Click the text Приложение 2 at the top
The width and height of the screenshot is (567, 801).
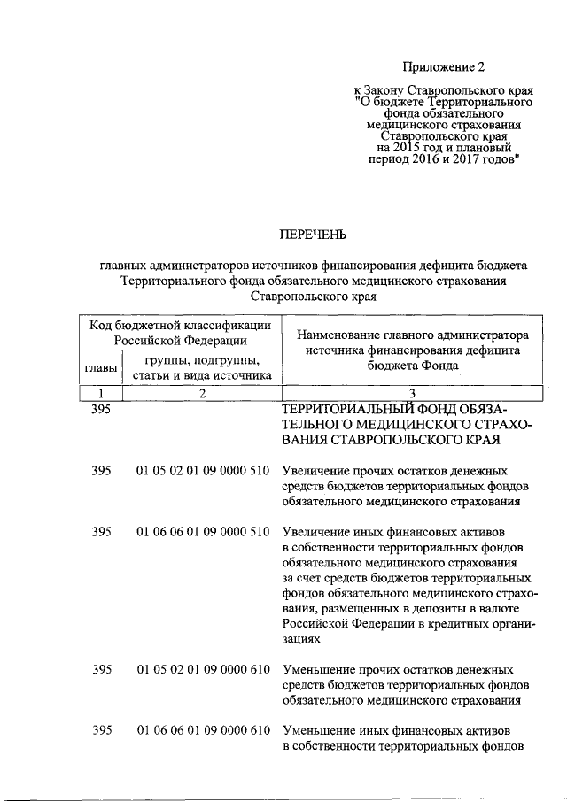pyautogui.click(x=445, y=66)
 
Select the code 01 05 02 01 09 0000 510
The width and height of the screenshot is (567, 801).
pyautogui.click(x=203, y=471)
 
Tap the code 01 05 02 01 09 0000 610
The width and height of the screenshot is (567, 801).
pyautogui.click(x=203, y=670)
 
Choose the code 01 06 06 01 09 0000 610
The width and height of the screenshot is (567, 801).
pyautogui.click(x=203, y=731)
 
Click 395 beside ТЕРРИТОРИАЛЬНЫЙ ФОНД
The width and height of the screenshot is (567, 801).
pyautogui.click(x=101, y=408)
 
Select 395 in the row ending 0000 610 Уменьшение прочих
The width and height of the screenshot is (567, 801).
pyautogui.click(x=101, y=670)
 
